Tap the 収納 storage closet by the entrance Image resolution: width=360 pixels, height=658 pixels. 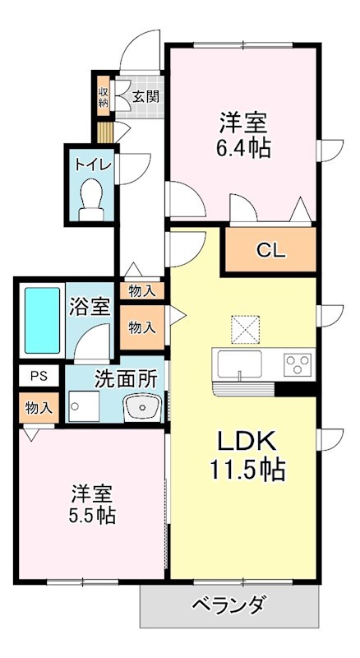click(104, 96)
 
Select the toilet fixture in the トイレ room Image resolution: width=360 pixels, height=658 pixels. click(90, 198)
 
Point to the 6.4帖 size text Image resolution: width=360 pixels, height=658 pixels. click(244, 149)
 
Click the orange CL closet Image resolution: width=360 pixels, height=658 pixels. click(270, 252)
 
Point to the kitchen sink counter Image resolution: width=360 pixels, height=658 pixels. click(238, 364)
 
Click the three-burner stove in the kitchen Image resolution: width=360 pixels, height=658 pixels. click(298, 363)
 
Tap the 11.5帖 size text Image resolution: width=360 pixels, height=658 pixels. click(244, 469)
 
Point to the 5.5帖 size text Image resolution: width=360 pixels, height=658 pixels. click(92, 516)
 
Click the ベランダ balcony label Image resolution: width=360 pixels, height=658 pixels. click(229, 608)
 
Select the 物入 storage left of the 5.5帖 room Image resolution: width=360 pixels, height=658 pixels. click(39, 407)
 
